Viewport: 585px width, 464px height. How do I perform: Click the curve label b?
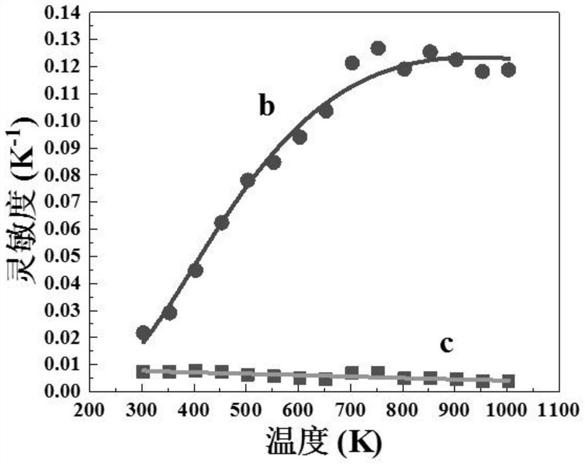[x=266, y=107]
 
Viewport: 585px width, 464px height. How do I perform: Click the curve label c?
[x=446, y=345]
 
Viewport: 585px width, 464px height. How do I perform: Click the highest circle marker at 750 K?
[x=378, y=48]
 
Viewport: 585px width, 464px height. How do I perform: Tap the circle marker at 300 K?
[x=143, y=333]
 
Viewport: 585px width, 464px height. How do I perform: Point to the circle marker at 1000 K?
[x=508, y=70]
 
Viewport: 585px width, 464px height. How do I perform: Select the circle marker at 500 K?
[x=247, y=180]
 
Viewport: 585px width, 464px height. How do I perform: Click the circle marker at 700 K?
[x=352, y=63]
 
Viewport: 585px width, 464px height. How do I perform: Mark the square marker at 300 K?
[x=143, y=371]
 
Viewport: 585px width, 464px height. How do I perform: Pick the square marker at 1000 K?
[x=508, y=381]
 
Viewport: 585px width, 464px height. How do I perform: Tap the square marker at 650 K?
[x=326, y=380]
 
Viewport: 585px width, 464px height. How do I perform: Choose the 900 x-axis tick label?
[x=457, y=412]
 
